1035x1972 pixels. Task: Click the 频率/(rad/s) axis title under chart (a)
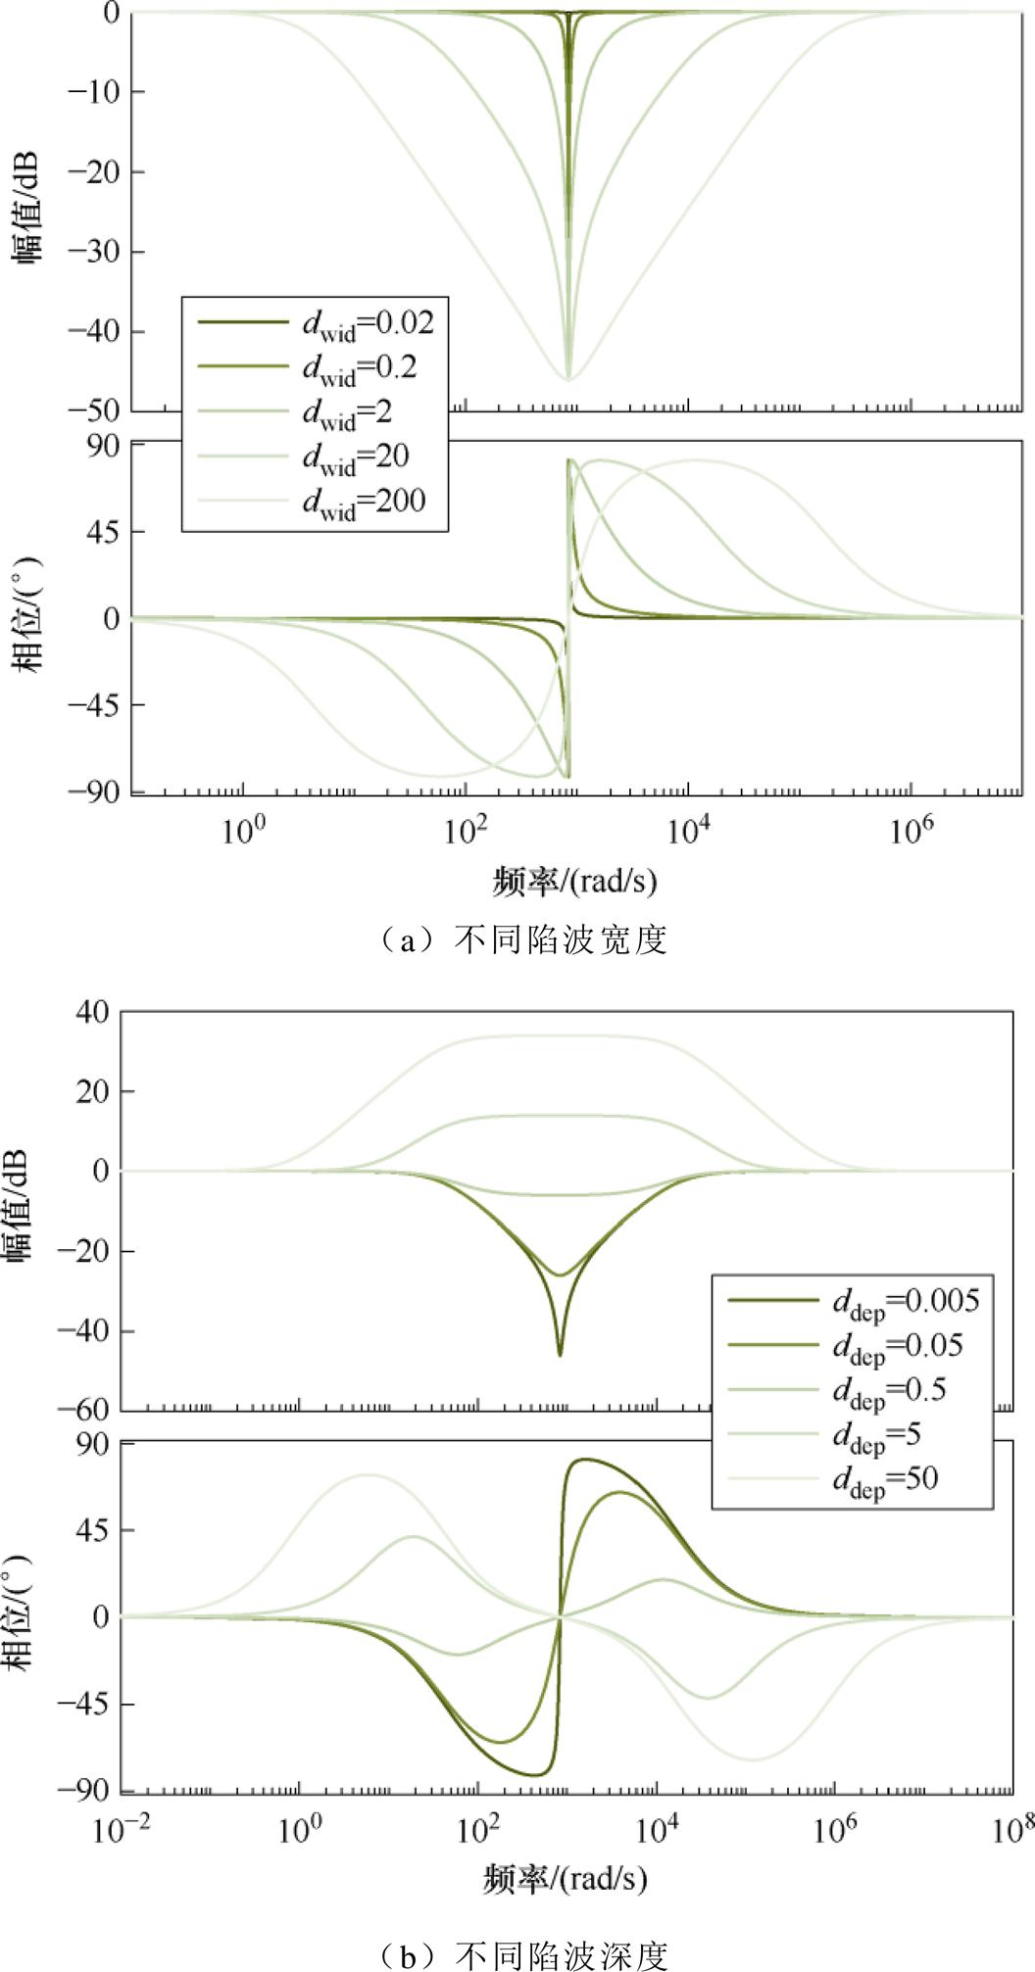coord(574,882)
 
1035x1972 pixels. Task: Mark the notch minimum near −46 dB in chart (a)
coord(568,378)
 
